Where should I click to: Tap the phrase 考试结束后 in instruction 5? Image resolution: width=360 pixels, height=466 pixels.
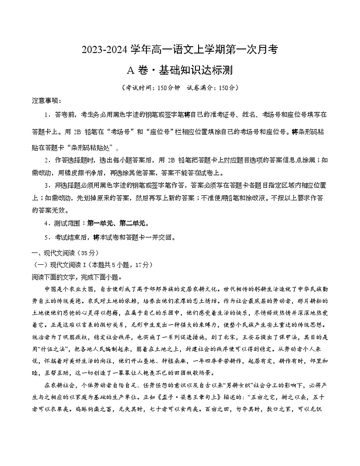click(72, 237)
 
